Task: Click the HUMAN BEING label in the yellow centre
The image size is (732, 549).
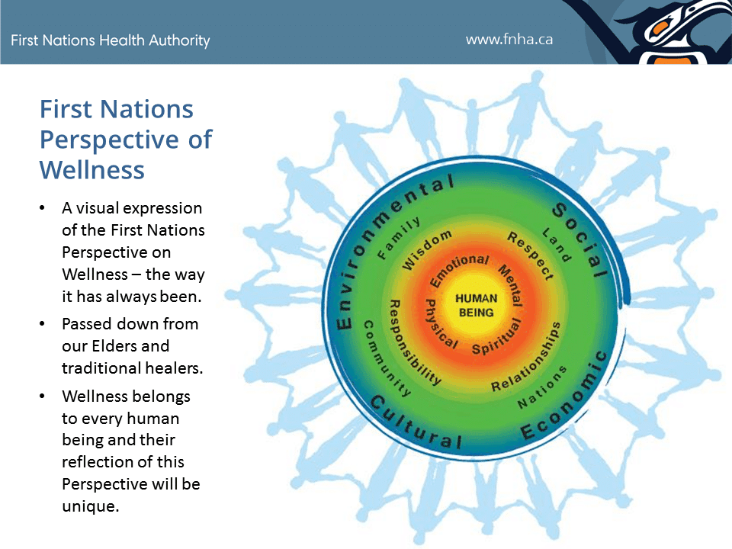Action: click(476, 305)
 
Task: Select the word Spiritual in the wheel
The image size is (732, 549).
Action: click(496, 338)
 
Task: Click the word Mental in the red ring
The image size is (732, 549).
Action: click(511, 284)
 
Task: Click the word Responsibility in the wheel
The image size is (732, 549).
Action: click(412, 342)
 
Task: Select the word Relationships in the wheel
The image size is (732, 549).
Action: click(525, 358)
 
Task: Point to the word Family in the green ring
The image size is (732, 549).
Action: click(398, 237)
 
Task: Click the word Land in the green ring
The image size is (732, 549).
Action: click(557, 245)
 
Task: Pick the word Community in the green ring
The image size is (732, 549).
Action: click(386, 358)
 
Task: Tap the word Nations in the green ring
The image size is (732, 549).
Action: click(541, 387)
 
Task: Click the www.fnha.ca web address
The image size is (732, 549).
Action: click(509, 40)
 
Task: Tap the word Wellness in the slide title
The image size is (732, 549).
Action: click(92, 170)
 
